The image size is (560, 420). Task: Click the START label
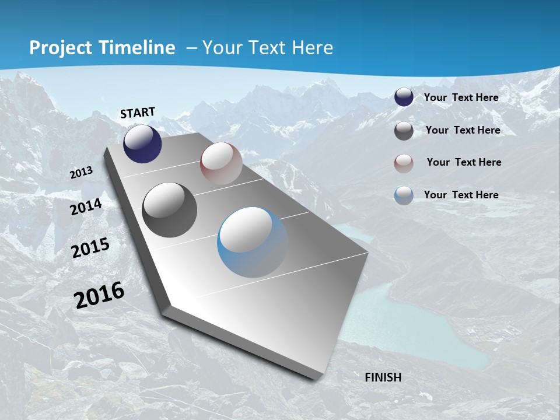(138, 113)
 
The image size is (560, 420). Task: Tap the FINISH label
(383, 377)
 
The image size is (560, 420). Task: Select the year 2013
(82, 173)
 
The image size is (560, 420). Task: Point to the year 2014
(86, 206)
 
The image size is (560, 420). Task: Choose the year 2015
(90, 247)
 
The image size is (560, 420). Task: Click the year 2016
(99, 295)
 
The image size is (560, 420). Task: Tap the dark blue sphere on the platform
(142, 144)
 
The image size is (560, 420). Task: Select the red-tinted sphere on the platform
(221, 163)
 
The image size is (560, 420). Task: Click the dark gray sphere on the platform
(170, 210)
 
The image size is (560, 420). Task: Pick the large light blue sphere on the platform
(253, 242)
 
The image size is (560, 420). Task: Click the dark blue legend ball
(404, 97)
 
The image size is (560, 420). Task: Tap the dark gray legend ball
(404, 131)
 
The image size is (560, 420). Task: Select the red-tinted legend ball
(404, 163)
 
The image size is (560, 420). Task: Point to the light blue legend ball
(404, 195)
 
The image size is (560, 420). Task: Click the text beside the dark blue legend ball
(461, 97)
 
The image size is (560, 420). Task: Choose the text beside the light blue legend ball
(461, 195)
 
